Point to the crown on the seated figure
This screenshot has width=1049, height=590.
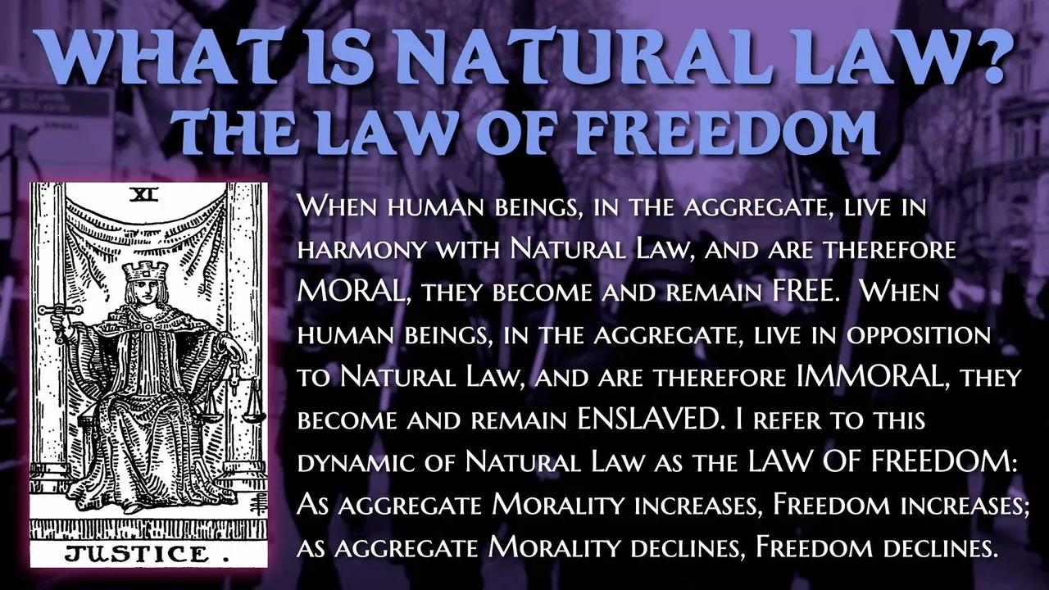[x=145, y=271]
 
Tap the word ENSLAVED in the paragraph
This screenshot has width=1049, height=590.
[x=647, y=420]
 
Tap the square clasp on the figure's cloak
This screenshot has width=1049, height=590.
[x=147, y=326]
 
